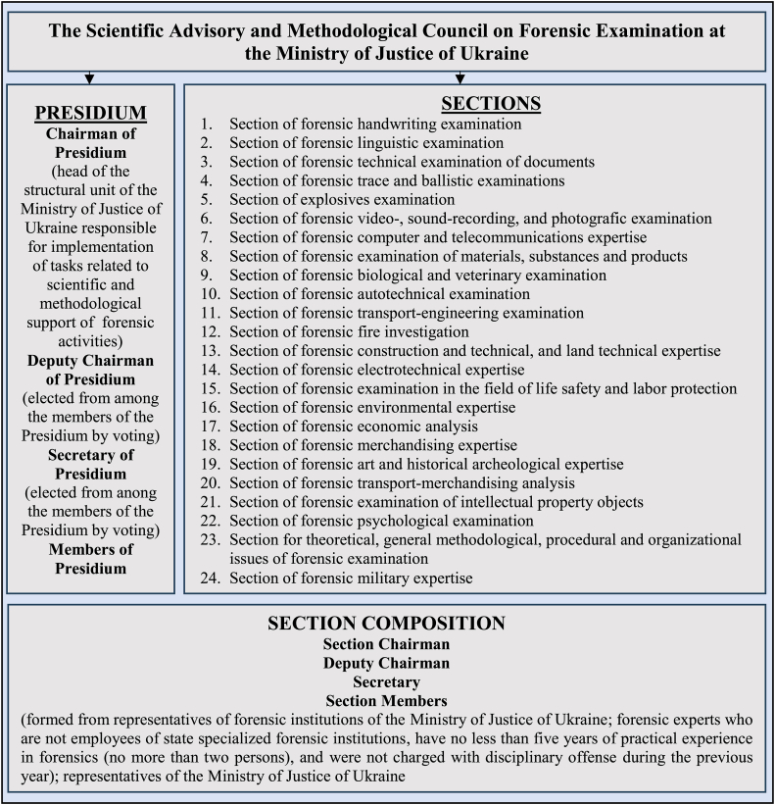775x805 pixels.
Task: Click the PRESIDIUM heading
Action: coord(91,113)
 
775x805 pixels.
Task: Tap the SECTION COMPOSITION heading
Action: coord(387,624)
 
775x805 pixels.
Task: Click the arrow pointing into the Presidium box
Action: coord(90,77)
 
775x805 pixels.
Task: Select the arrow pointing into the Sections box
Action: coord(460,77)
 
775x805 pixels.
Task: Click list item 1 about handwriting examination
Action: coord(374,125)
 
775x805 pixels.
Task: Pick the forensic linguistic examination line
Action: coord(366,143)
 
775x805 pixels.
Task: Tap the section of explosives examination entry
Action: coord(342,200)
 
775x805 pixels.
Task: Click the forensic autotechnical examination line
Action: coord(379,294)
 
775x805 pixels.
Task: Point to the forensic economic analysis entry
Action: coord(354,427)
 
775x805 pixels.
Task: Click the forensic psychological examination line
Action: coord(381,521)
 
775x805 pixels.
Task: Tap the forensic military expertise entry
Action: coord(351,579)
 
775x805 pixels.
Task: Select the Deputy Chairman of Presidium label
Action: coord(91,370)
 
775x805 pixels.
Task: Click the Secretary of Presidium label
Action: coord(91,464)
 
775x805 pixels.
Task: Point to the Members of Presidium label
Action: coord(91,558)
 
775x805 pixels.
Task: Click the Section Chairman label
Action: coord(387,644)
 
